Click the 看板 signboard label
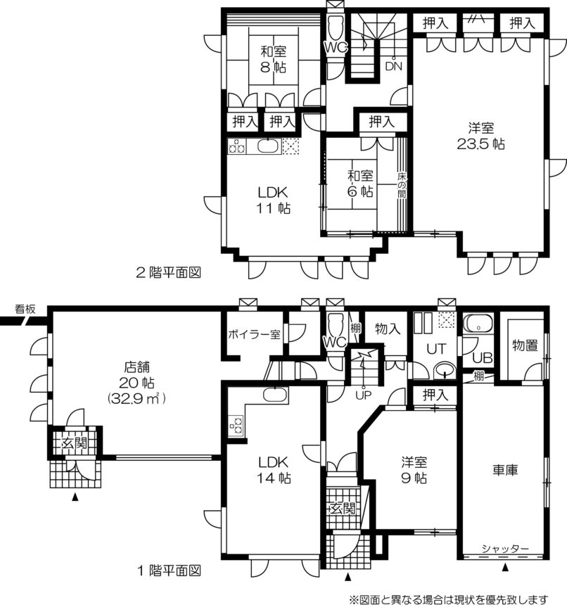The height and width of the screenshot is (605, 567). click(25, 309)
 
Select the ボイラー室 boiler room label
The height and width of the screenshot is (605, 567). click(254, 334)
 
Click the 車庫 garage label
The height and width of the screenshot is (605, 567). click(505, 470)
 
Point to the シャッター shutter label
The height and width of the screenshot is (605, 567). click(505, 548)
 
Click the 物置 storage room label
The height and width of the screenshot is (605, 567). click(525, 345)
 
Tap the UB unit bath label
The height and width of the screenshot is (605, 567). click(482, 358)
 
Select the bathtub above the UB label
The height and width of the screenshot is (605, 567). click(478, 324)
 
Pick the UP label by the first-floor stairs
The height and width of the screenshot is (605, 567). click(363, 395)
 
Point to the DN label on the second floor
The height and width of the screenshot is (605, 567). click(393, 66)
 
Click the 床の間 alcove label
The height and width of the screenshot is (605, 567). click(402, 185)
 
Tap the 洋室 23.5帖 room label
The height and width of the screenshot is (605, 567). click(481, 136)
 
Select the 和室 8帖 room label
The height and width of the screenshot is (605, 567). click(273, 59)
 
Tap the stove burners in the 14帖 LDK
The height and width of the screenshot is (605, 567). click(236, 425)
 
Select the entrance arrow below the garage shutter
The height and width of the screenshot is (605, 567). click(505, 568)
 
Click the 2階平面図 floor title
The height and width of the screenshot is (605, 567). click(169, 272)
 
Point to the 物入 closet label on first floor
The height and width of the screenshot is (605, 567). click(388, 329)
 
